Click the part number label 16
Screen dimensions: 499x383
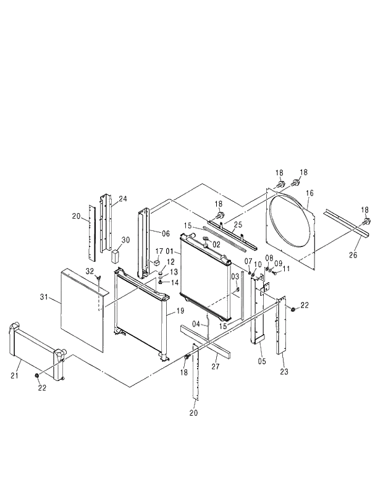tap(309, 193)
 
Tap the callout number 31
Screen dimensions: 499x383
tap(44, 298)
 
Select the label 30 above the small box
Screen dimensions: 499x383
tap(125, 240)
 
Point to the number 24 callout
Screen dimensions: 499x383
tap(123, 199)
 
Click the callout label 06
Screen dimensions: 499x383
tap(166, 233)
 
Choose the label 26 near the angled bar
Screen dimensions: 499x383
tap(353, 254)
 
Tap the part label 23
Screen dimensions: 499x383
tap(284, 371)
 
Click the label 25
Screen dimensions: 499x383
tap(238, 225)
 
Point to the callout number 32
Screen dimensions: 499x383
tap(90, 271)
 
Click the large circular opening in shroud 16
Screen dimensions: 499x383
tap(290, 225)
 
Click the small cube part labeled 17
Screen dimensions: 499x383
tap(157, 262)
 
